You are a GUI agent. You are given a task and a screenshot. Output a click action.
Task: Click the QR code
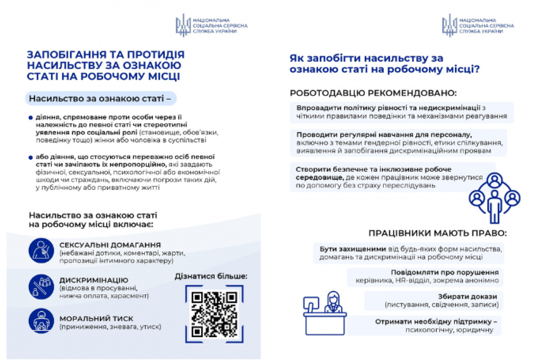coord(214,314)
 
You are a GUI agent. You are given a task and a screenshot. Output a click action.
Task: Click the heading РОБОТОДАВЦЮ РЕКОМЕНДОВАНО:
coord(373,93)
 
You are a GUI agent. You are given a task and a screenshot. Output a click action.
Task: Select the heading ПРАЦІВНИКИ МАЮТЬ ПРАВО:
coord(437,233)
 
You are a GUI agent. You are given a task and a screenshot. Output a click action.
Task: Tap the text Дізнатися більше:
coord(211,276)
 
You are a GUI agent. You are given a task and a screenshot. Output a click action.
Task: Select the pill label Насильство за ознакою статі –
coord(100,98)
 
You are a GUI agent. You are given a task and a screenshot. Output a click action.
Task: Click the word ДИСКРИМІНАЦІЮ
coord(94,280)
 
